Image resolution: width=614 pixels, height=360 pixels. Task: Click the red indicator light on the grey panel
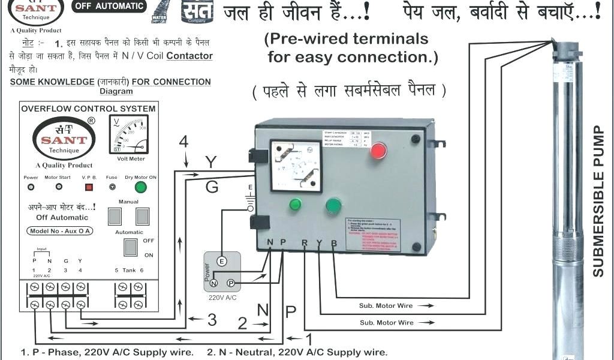click(378, 151)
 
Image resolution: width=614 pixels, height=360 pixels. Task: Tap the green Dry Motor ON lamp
click(141, 188)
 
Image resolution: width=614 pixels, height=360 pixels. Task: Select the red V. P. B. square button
click(89, 187)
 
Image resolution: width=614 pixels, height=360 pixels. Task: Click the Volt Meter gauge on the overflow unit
click(129, 135)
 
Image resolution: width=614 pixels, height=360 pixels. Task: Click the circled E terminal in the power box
click(221, 261)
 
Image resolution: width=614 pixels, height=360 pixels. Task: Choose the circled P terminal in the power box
click(230, 283)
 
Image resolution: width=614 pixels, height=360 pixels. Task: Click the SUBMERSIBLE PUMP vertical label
click(598, 201)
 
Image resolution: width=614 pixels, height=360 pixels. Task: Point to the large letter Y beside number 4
click(210, 163)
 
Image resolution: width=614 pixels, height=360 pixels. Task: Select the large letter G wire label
click(212, 187)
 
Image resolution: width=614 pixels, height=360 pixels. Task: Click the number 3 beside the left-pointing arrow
click(212, 320)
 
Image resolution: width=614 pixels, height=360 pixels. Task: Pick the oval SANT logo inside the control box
click(64, 139)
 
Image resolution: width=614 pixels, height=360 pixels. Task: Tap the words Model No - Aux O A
click(61, 231)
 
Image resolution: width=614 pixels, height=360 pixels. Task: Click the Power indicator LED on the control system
click(31, 187)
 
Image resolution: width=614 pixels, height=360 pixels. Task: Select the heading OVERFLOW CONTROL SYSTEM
click(88, 109)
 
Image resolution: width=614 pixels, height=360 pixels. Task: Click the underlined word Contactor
click(189, 56)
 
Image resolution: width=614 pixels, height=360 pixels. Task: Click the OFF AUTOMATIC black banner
click(109, 6)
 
